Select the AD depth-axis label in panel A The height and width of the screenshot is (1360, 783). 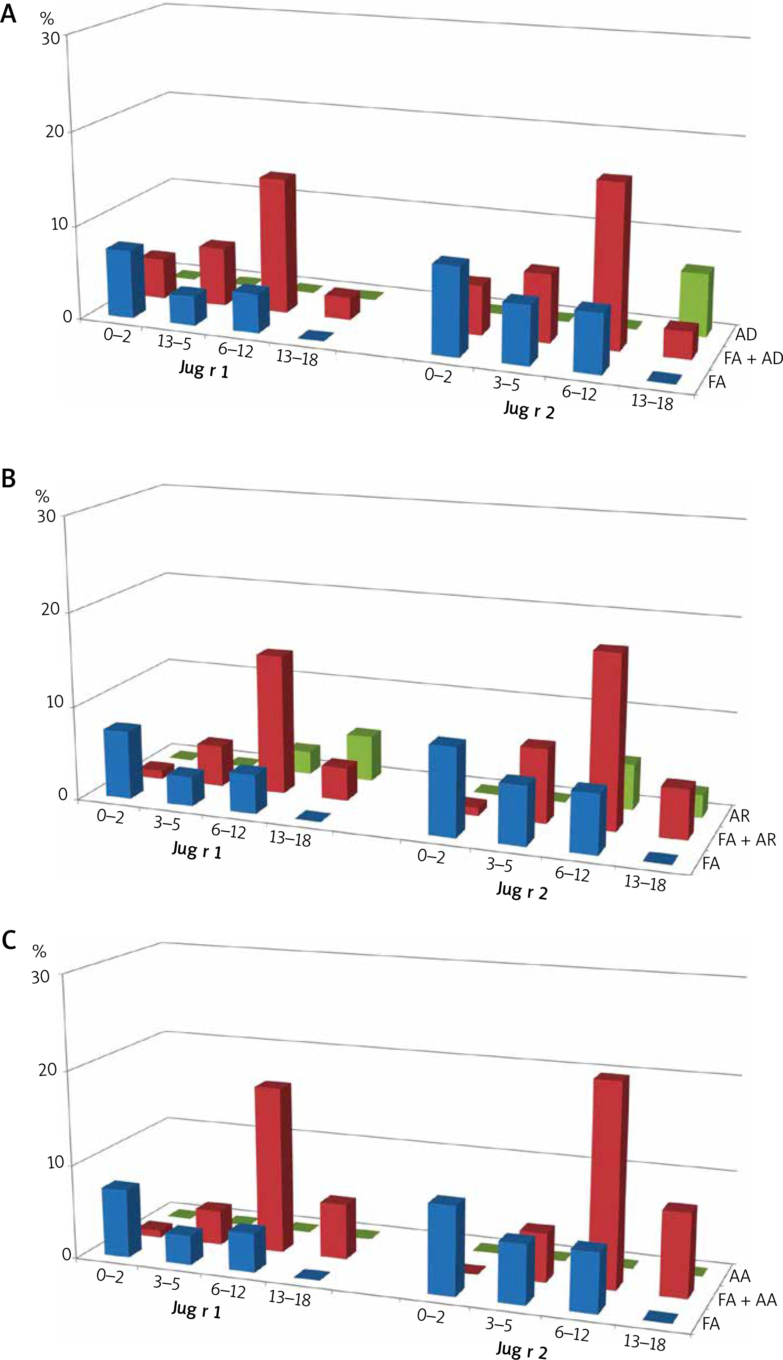tap(746, 335)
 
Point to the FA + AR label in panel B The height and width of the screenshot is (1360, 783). tap(747, 839)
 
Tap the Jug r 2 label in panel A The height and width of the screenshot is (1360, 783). tap(529, 410)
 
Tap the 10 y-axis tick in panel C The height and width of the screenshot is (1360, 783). tap(55, 1162)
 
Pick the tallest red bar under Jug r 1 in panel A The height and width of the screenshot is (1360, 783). tap(277, 242)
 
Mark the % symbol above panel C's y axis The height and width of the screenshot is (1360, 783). tap(39, 952)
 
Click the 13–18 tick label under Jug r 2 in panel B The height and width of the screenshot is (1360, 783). tap(644, 883)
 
